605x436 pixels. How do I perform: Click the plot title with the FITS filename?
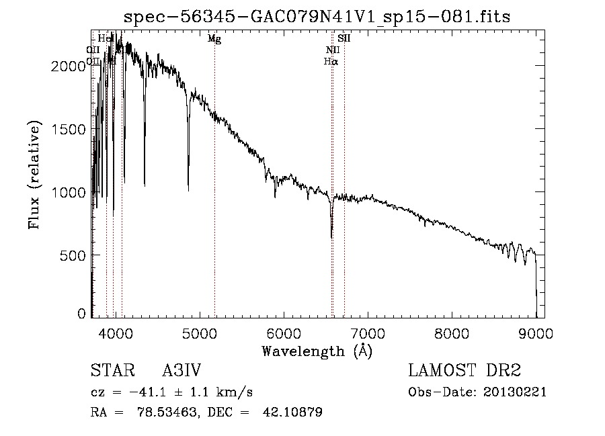click(317, 17)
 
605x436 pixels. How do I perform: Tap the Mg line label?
click(214, 39)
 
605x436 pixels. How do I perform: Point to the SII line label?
click(344, 39)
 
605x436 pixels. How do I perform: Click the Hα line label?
click(331, 61)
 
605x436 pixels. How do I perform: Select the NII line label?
click(333, 50)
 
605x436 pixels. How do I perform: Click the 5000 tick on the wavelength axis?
click(199, 333)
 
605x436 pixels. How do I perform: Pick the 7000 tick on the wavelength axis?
click(368, 333)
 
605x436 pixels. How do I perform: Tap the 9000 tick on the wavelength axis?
click(536, 333)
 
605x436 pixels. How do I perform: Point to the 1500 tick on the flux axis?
click(71, 129)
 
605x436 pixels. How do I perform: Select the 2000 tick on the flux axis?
click(71, 66)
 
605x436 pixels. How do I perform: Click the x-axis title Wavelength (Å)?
click(317, 351)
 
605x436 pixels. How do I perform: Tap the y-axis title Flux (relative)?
click(34, 175)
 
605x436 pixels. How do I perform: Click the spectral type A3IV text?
click(182, 372)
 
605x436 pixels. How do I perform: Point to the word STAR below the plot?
click(108, 372)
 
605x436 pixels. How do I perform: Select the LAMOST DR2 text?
click(465, 372)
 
